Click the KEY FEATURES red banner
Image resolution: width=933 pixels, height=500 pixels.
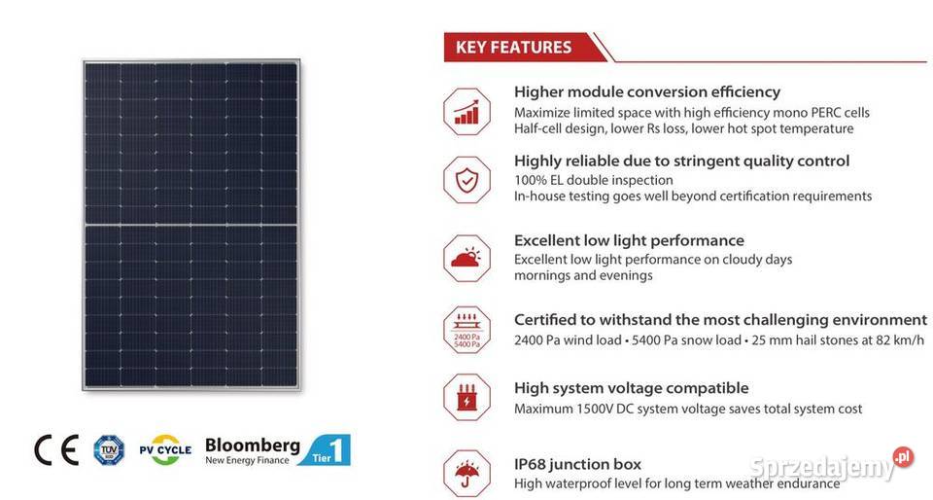514,47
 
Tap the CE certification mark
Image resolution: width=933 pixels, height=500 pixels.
55,449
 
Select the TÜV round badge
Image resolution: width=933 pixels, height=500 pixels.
109,449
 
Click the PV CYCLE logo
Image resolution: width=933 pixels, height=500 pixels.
164,450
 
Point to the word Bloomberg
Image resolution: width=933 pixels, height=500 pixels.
253,444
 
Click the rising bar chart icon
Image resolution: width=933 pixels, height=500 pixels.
466,110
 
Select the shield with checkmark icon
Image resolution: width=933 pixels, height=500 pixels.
466,179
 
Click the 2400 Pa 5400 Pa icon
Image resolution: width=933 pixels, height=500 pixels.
466,330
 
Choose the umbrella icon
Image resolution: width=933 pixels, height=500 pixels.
466,472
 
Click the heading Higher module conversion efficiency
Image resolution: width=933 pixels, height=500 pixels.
646,91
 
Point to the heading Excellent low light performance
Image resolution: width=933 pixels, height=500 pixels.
629,240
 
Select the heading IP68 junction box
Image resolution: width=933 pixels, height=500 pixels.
577,464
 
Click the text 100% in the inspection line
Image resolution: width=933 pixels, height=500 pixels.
530,180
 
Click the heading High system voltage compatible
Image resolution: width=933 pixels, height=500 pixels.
631,388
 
